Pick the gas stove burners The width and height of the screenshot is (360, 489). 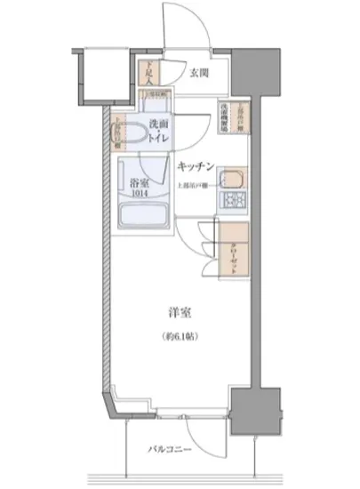point(234,201)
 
